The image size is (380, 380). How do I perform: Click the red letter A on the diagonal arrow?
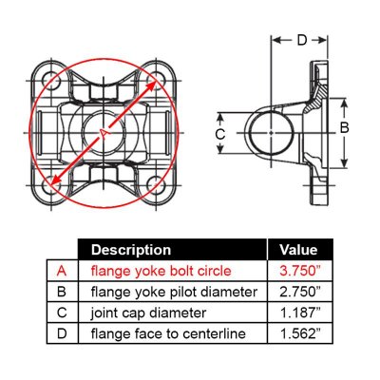[104, 133]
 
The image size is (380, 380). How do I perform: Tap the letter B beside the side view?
[344, 127]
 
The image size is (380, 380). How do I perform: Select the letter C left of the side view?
[220, 134]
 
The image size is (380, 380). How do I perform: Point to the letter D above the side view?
[302, 40]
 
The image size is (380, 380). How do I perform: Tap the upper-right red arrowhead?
[152, 85]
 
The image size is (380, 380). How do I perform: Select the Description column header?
[131, 250]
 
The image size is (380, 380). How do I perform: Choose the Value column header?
[298, 250]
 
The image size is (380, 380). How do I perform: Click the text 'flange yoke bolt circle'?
[161, 271]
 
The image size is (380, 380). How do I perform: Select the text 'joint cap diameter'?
[148, 313]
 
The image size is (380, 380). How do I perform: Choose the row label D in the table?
[62, 333]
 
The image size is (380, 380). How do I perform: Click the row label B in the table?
[62, 292]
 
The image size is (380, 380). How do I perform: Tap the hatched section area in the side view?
[317, 97]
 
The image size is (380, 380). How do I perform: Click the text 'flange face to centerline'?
[168, 334]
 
